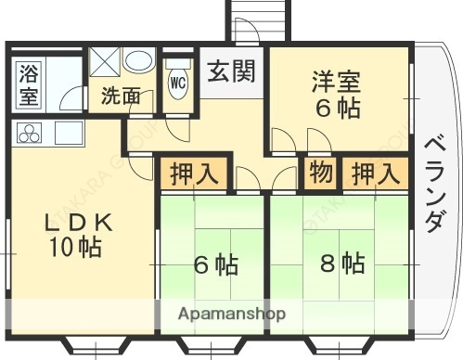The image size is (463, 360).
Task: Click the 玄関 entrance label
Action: coord(231,71)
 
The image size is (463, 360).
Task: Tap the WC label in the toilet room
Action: coord(178,81)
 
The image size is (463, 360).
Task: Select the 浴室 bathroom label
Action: coord(27,82)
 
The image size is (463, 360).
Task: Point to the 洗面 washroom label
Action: coord(121,95)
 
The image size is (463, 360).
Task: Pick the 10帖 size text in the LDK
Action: coord(76,248)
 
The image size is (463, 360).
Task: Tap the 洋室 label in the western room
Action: coord(335,80)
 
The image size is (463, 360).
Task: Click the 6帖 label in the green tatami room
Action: coord(215,265)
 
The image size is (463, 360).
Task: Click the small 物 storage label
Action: coord(321,174)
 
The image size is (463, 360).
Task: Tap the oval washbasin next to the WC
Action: coord(140,61)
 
